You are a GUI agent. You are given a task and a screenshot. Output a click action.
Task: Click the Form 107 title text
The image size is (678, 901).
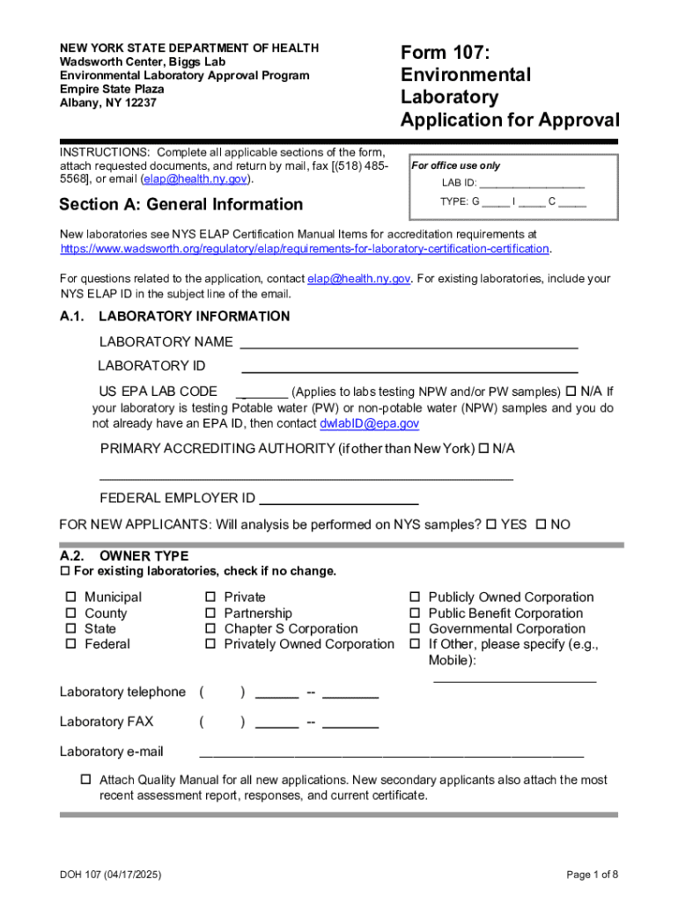[510, 85]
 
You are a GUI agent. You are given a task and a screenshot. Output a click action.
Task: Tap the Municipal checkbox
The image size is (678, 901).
[71, 597]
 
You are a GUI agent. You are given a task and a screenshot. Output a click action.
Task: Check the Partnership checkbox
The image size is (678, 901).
[210, 613]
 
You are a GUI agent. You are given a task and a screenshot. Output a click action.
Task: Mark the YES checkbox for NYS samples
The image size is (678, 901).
[491, 525]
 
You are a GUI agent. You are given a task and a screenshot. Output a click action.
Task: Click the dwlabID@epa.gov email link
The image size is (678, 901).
[369, 424]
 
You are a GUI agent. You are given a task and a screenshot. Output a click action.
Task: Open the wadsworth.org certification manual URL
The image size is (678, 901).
[305, 249]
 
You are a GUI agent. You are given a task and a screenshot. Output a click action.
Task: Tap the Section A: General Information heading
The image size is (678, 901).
[181, 205]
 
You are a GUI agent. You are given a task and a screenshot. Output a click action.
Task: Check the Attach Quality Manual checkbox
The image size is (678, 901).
[86, 780]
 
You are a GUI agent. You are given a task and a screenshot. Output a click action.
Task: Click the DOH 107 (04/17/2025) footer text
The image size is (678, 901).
[110, 875]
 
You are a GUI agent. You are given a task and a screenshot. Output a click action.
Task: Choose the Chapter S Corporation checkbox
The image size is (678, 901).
[210, 629]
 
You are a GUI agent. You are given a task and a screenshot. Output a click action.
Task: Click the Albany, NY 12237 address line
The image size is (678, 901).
[107, 103]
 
